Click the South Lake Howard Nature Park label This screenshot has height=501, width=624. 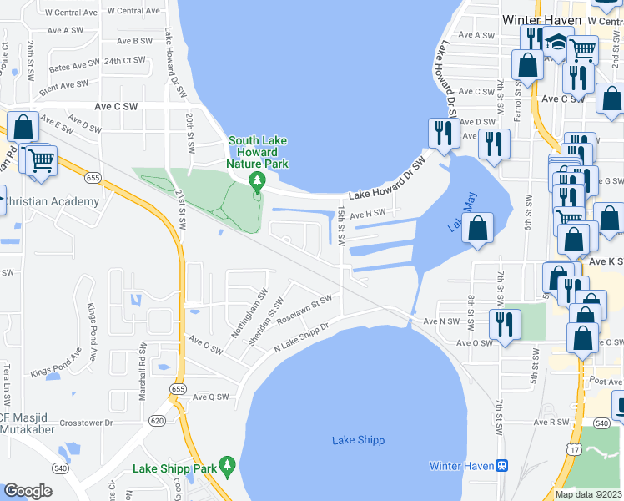(259, 152)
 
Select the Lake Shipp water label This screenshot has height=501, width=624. (355, 440)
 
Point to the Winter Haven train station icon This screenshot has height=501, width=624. (502, 465)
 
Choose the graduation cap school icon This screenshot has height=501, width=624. (556, 42)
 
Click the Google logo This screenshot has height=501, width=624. (28, 491)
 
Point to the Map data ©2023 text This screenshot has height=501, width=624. (588, 494)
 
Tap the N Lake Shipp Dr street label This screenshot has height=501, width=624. (303, 338)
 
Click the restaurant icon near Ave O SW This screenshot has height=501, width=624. (506, 322)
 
